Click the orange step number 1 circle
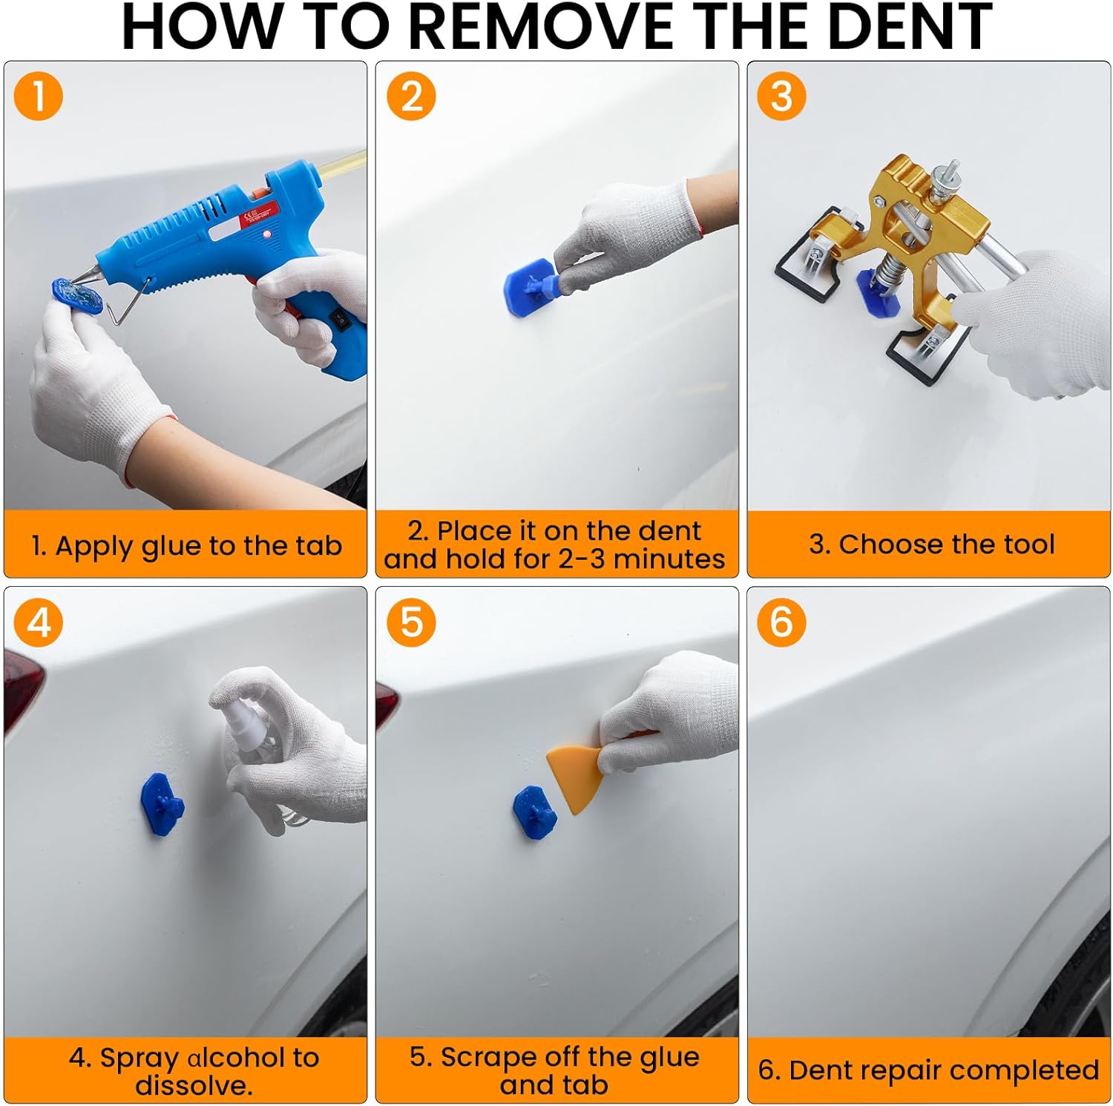[x=38, y=96]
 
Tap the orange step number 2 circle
[x=411, y=96]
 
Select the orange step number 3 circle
[x=781, y=96]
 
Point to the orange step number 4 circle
[x=38, y=621]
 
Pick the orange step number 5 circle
[x=411, y=621]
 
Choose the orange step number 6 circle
[x=781, y=621]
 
